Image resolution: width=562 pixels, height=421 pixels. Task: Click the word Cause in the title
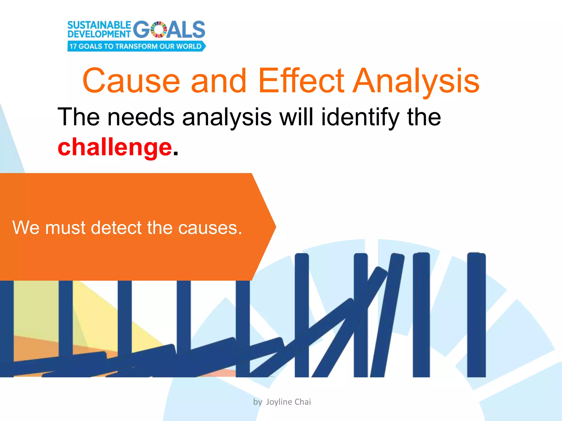131,81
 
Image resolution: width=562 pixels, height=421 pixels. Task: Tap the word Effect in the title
301,81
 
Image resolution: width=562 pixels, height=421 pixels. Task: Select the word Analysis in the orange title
416,81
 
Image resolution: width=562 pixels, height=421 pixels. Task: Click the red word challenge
115,147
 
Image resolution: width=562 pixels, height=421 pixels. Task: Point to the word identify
360,117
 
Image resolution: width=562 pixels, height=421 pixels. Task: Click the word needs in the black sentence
141,117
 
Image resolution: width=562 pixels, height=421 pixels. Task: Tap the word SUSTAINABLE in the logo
99,25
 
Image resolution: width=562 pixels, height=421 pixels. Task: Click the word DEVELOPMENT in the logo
99,34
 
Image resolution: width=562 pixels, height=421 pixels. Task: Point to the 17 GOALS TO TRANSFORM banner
136,46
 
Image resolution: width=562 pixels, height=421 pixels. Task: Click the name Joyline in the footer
279,402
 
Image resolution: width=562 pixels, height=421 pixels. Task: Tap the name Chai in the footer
303,402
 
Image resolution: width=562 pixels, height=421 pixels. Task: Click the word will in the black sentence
296,117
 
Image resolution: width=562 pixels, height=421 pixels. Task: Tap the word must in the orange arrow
65,228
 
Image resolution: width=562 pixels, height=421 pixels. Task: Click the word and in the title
218,81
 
